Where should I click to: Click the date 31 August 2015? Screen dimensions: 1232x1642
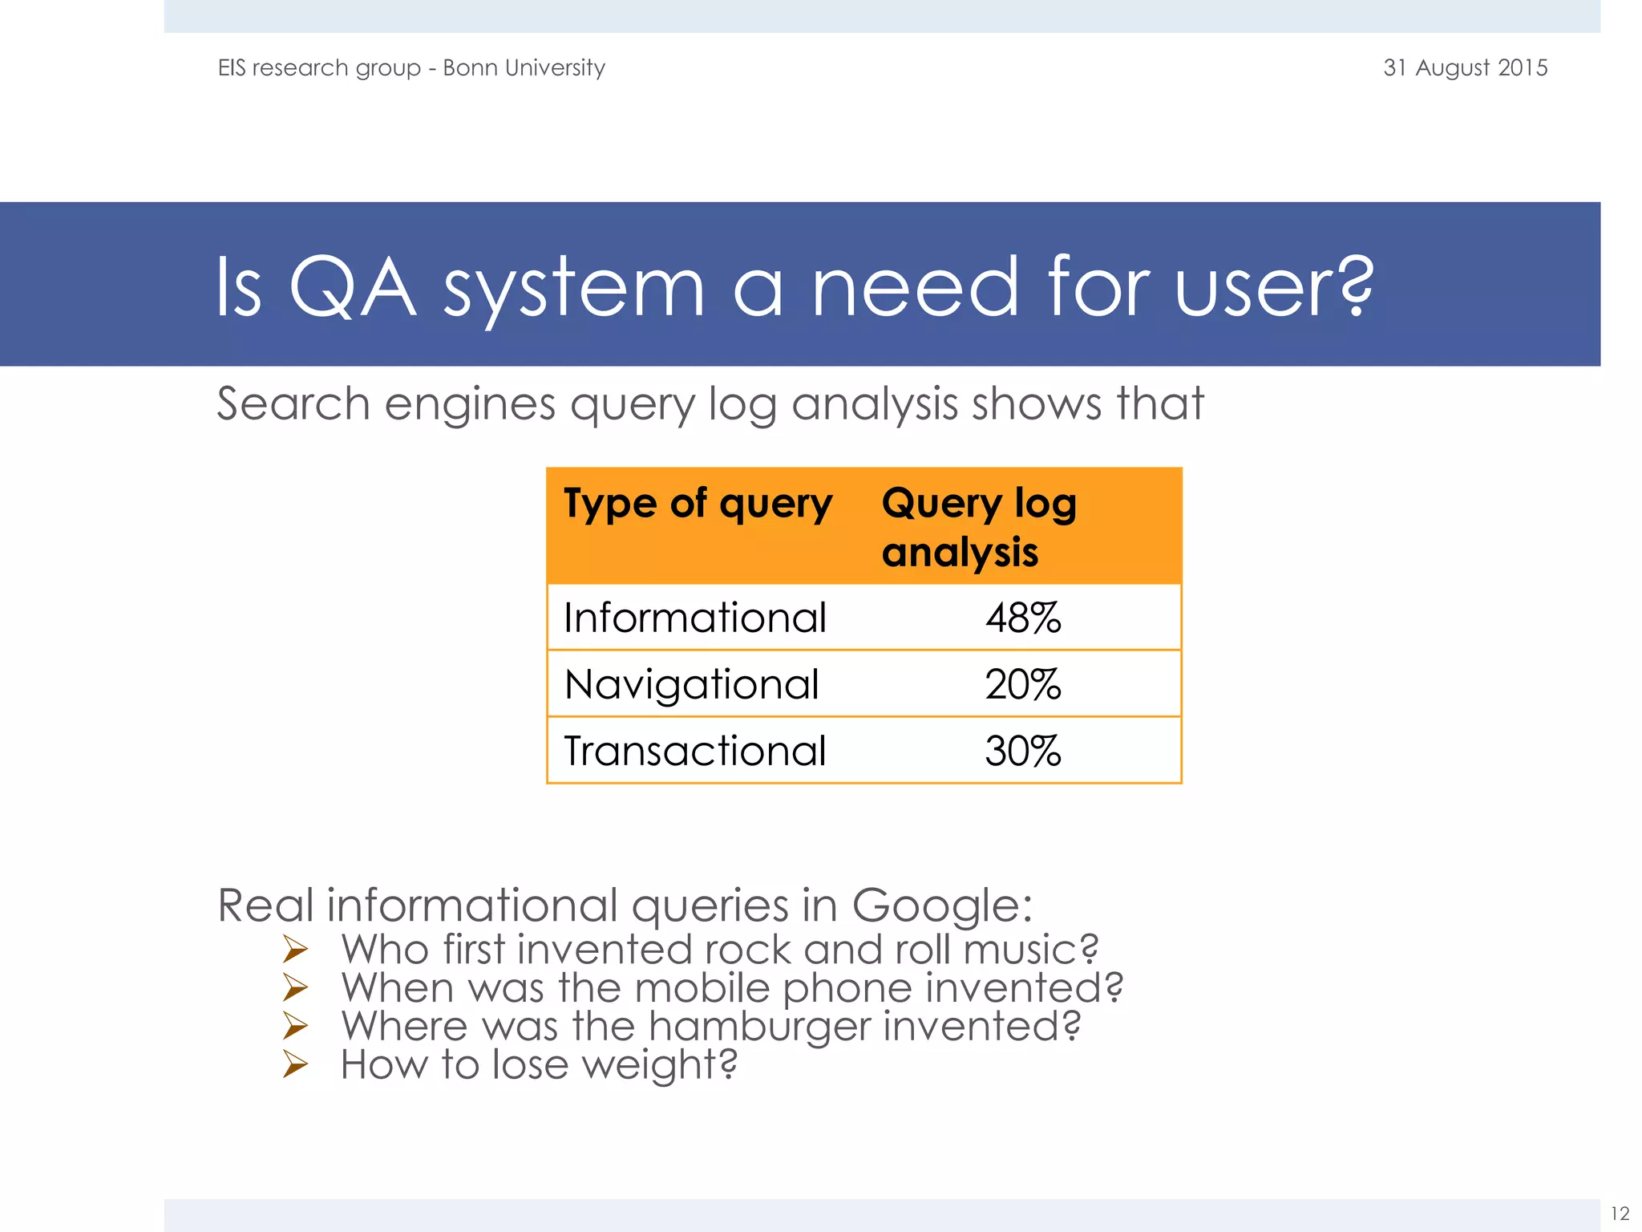(x=1465, y=67)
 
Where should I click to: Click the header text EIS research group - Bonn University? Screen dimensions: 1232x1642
(x=411, y=67)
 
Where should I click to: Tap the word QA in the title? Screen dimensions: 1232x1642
(x=352, y=286)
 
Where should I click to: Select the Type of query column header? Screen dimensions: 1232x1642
(x=698, y=504)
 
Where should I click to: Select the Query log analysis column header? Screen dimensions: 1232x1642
(x=978, y=527)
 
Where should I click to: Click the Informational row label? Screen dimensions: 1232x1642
(x=694, y=618)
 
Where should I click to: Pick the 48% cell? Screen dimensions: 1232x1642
(x=1022, y=618)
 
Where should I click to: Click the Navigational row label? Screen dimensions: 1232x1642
(x=691, y=684)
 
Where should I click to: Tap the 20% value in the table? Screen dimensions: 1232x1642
(x=1022, y=685)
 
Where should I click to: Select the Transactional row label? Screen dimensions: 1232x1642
(x=694, y=751)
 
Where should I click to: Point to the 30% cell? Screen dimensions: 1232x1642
(x=1022, y=752)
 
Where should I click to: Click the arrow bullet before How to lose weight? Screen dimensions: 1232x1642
(x=295, y=1064)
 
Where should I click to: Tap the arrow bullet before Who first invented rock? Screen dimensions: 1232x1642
(x=295, y=950)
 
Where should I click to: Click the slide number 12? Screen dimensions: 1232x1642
(x=1620, y=1214)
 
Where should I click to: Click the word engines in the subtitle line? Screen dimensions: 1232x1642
(x=470, y=403)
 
